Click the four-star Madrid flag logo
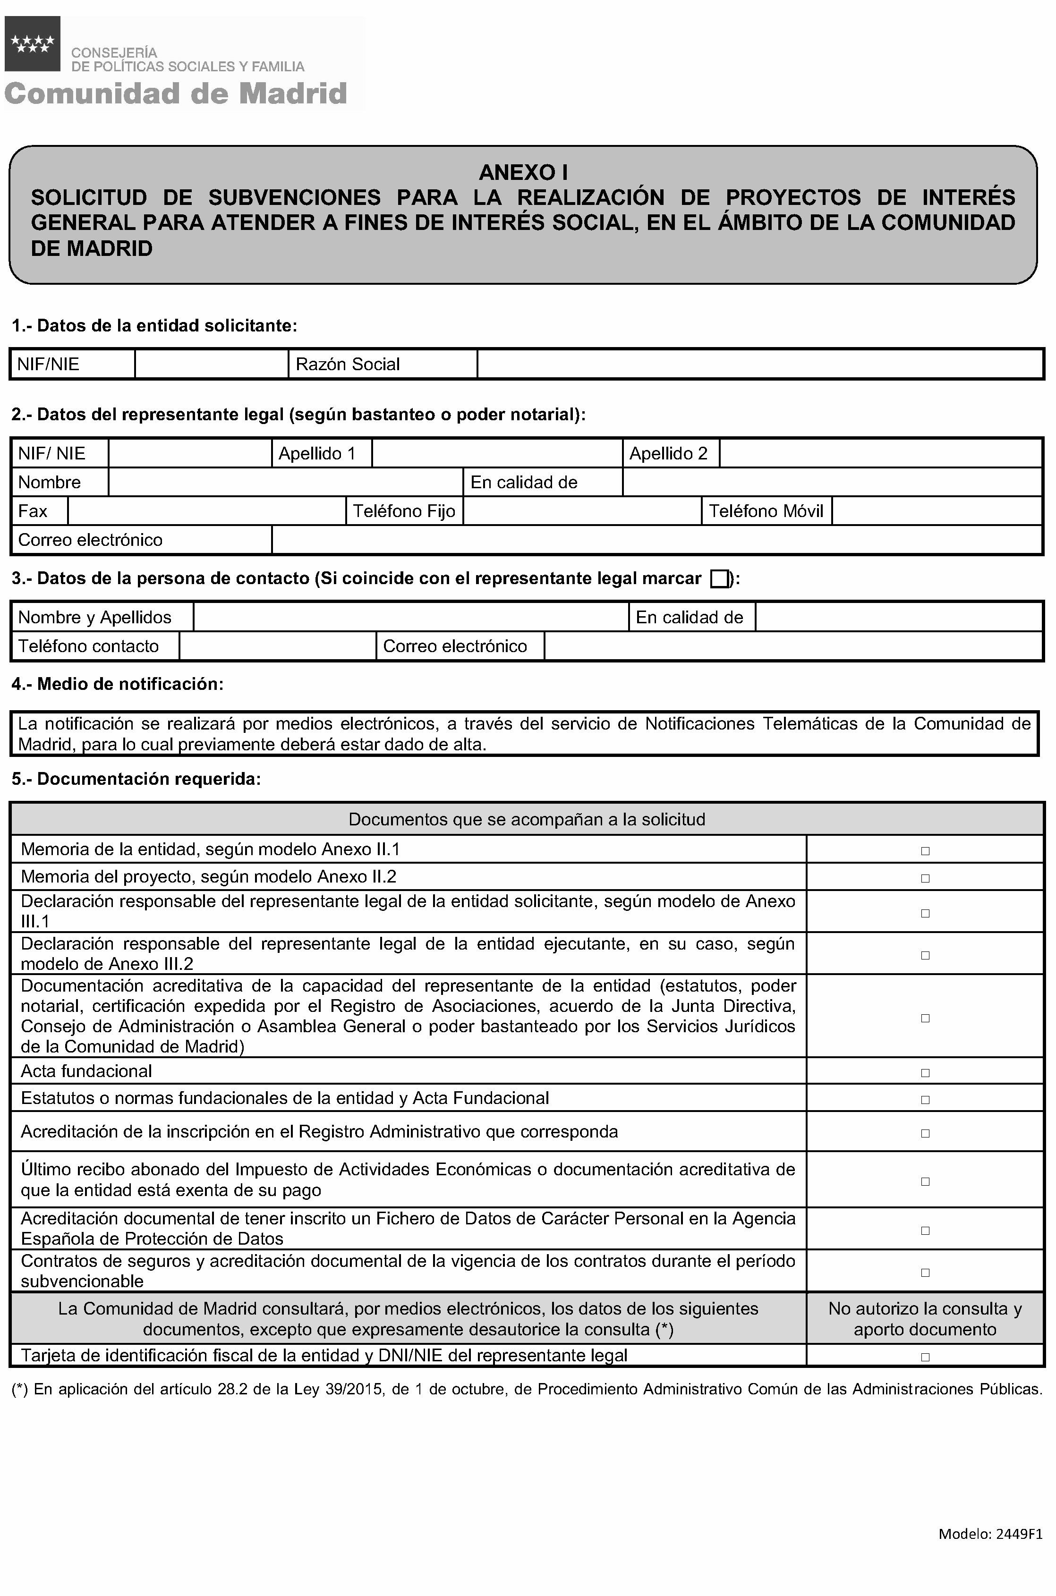coord(32,44)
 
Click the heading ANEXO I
coord(523,173)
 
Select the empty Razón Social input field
coord(760,365)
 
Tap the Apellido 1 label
coord(316,453)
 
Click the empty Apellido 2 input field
coord(880,453)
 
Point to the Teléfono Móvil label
coord(766,511)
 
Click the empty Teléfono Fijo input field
coord(583,511)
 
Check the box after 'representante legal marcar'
coord(719,579)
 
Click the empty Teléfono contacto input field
coord(278,646)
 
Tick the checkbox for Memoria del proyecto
coord(925,878)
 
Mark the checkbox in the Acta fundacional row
coord(925,1073)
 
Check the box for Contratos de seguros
coord(925,1273)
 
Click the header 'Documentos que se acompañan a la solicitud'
coord(527,820)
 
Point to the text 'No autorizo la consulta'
coord(925,1308)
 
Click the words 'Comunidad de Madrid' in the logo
coord(176,93)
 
